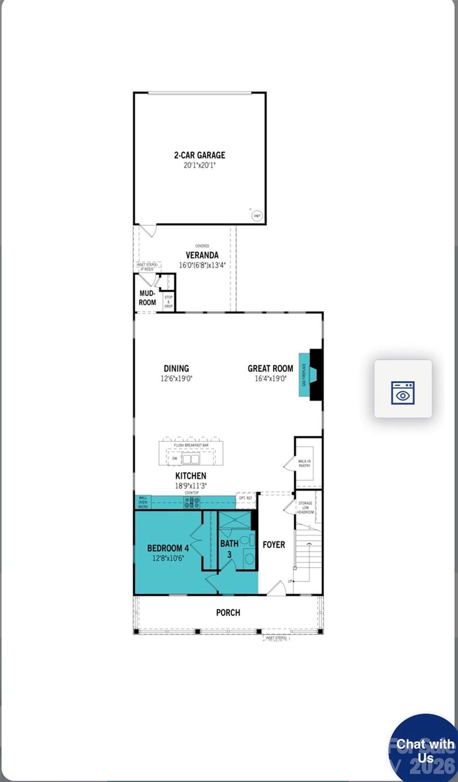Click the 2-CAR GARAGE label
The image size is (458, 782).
pos(199,155)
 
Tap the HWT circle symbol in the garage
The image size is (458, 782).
pos(257,216)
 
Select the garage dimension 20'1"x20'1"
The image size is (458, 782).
pos(199,165)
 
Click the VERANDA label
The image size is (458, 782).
pos(202,255)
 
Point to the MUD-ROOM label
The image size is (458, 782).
pos(147,298)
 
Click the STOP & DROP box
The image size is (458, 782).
pos(168,301)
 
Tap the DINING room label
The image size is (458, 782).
pos(176,369)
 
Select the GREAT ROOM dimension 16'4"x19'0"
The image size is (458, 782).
pos(271,379)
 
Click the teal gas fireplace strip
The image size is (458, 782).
pos(304,374)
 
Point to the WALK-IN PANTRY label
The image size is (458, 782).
pos(304,463)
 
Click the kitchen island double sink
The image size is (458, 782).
pos(191,459)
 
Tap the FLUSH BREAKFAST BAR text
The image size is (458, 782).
pos(191,445)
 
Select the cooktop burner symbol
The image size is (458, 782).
pos(192,503)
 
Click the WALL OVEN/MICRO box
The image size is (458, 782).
pos(143,502)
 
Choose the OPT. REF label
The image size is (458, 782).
pos(246,498)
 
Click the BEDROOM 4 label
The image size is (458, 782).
pos(168,548)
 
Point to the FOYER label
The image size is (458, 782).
pos(274,545)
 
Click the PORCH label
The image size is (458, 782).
pos(228,612)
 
